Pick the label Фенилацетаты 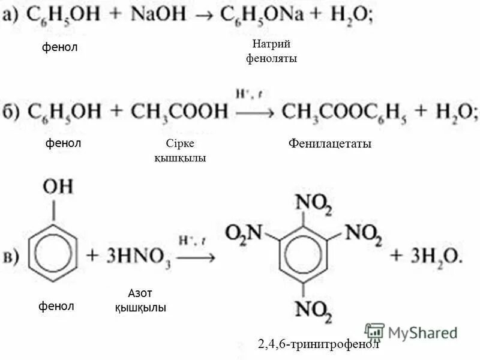click(x=330, y=144)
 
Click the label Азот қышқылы click(x=140, y=300)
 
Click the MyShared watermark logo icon click(x=374, y=332)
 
